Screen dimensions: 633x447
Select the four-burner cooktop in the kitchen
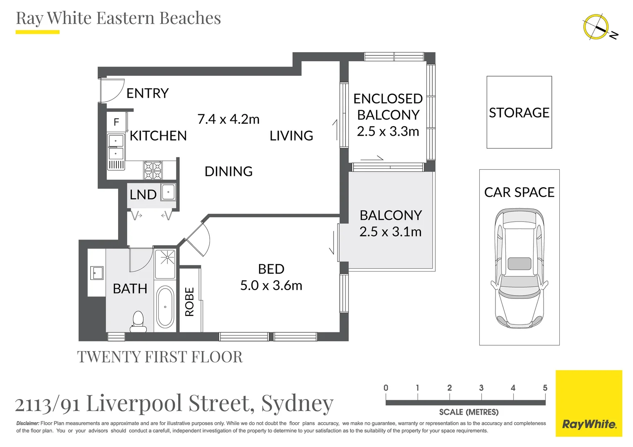(153, 170)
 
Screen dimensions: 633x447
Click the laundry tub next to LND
(168, 192)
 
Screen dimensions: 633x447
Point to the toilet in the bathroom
(138, 321)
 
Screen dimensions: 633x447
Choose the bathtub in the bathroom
(165, 307)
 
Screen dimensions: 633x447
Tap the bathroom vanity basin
(97, 273)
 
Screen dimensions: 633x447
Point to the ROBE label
(189, 302)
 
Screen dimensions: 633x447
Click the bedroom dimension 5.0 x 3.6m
(271, 286)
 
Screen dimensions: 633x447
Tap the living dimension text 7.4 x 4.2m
(228, 119)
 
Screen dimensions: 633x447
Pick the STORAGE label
(519, 113)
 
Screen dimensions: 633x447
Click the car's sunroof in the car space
(519, 264)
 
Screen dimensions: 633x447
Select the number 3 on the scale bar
(481, 388)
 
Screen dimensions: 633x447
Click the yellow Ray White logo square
(589, 403)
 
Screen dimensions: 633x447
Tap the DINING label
(229, 171)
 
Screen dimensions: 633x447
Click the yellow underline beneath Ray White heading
(38, 32)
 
